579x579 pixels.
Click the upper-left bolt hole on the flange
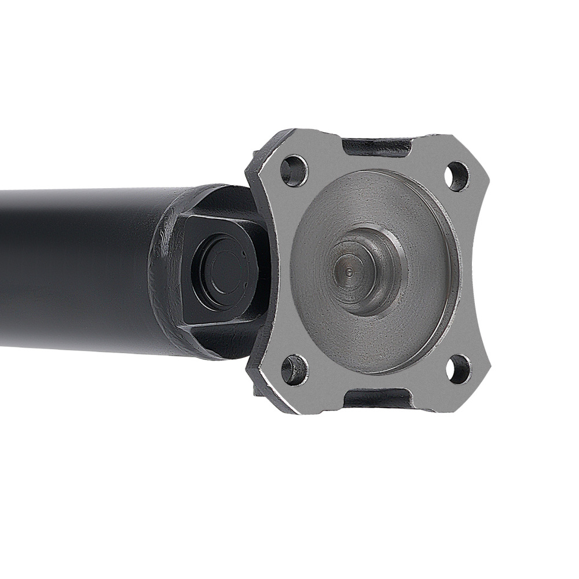[x=294, y=170]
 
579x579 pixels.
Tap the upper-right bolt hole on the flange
[x=457, y=176]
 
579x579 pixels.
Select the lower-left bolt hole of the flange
[x=294, y=369]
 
